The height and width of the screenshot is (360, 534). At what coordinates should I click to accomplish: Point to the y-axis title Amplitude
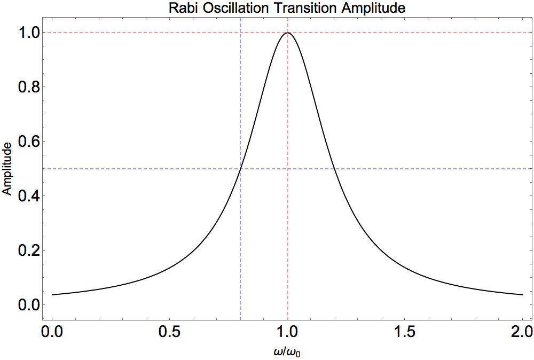click(7, 169)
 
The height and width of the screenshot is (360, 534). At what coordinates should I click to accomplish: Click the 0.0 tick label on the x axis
click(52, 331)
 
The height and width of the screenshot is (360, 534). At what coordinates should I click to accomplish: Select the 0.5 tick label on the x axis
click(170, 331)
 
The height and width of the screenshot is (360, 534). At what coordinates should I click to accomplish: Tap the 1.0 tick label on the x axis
click(287, 331)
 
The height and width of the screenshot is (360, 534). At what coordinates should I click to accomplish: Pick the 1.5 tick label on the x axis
click(405, 331)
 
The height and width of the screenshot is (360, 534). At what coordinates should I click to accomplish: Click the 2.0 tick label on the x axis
click(522, 331)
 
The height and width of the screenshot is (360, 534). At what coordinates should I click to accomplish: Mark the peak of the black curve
click(287, 33)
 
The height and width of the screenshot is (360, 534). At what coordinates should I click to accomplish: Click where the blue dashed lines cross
click(240, 169)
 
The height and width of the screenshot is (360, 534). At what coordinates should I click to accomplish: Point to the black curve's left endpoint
click(52, 295)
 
